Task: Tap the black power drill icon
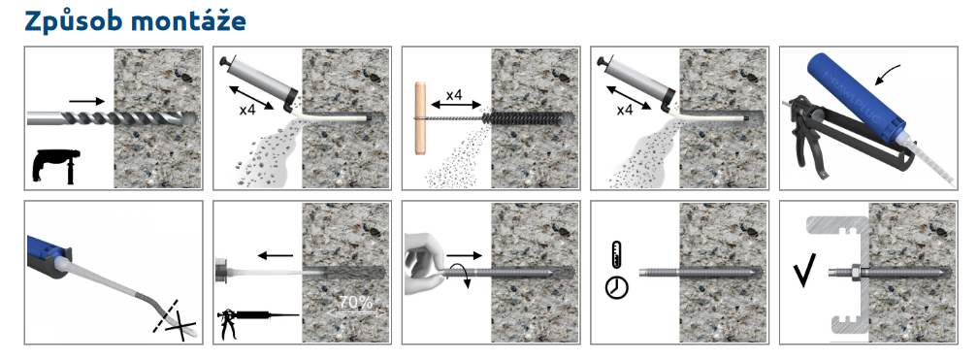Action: point(56,165)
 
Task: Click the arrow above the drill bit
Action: point(86,100)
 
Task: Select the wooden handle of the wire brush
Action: point(420,118)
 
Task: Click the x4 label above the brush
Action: point(454,94)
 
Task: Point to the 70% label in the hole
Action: point(355,303)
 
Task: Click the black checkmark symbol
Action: point(803,272)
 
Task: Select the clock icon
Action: point(617,287)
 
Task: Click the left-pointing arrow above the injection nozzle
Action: point(276,255)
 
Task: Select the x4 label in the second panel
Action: point(248,111)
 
